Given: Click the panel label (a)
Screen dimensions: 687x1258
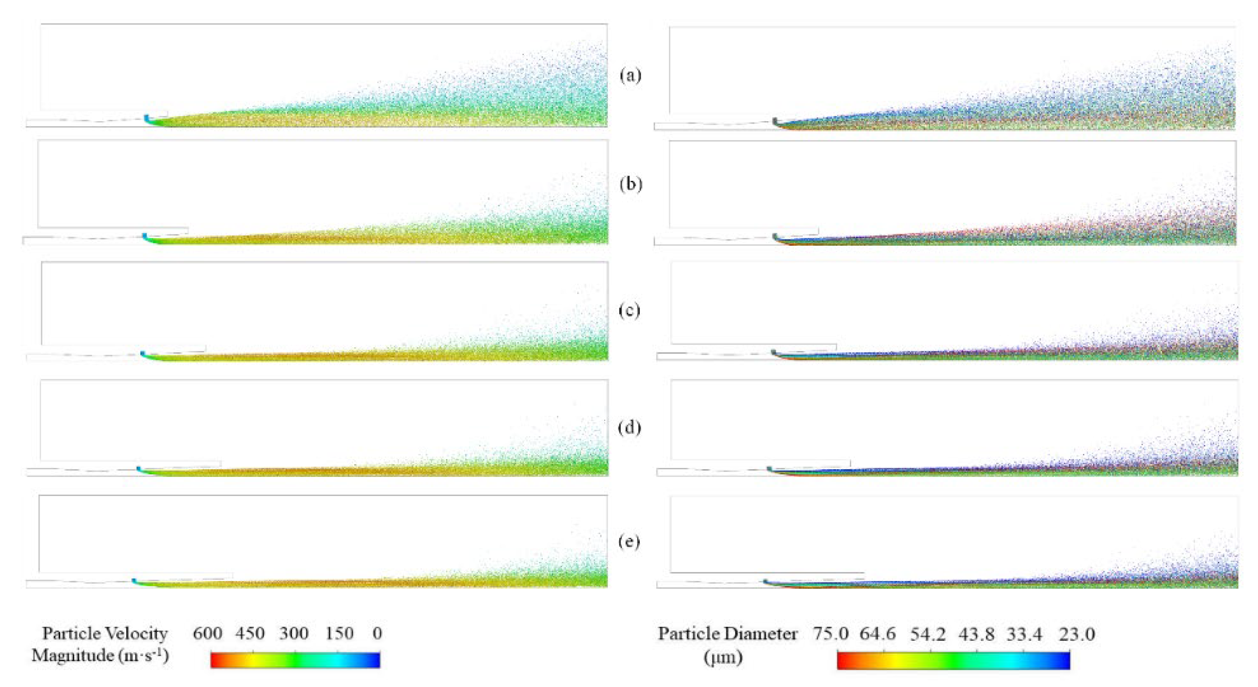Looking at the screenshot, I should coord(630,76).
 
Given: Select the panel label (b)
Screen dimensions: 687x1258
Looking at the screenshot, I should coord(630,184).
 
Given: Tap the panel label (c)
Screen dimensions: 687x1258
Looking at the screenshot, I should coord(629,310).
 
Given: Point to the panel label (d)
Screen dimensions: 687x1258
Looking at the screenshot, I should coord(629,427).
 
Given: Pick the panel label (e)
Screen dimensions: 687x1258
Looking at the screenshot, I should coord(629,542).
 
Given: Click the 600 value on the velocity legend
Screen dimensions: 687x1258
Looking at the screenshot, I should coord(208,633).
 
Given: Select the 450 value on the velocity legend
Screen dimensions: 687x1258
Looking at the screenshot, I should coord(250,633).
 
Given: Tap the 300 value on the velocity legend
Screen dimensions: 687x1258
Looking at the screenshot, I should coord(294,633).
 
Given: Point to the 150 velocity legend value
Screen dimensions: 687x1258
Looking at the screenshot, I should coord(340,633).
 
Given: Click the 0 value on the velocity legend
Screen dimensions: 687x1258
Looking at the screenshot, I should coord(377,633).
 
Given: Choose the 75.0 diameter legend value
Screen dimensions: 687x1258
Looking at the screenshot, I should coord(831,634).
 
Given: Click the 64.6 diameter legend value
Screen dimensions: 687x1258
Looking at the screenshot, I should coord(877,634).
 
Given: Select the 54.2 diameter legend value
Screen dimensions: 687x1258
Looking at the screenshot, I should coord(927,634).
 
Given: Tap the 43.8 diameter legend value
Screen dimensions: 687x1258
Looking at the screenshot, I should coord(976,634).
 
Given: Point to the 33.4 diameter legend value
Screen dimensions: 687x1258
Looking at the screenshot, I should coord(1024,634).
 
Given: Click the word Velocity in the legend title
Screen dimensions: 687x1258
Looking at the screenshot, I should coord(137,633).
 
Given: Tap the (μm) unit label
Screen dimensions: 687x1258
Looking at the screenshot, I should coord(723,657).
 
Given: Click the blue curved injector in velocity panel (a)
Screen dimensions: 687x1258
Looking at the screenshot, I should coord(147,118).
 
